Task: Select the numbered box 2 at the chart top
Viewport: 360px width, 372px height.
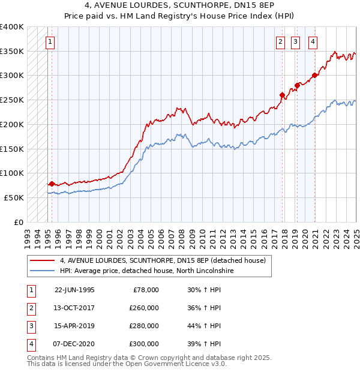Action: click(280, 42)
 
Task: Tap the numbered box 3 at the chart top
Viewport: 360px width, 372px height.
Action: click(296, 42)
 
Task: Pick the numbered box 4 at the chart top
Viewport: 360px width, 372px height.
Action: click(313, 42)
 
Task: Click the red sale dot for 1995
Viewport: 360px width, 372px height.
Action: click(52, 184)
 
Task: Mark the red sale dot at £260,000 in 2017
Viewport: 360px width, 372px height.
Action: click(282, 94)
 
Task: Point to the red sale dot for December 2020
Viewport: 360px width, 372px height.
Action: click(314, 75)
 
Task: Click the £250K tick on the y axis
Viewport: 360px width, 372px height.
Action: click(12, 100)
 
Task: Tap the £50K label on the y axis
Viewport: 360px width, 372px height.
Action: click(14, 197)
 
